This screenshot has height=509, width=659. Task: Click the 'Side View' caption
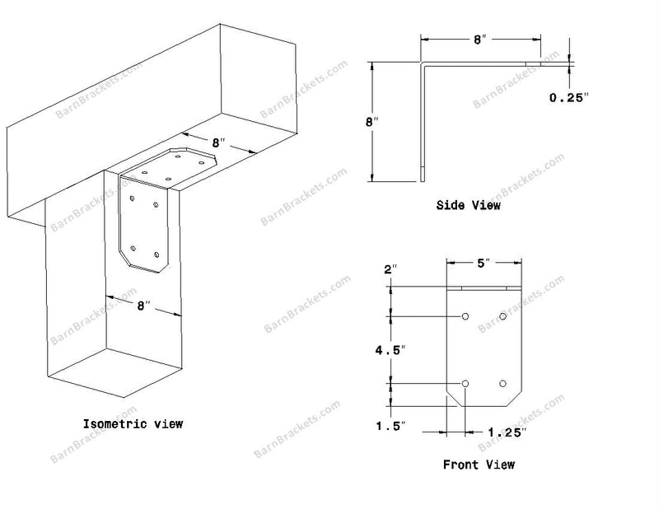[x=468, y=205]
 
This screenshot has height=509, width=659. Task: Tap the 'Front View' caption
[x=479, y=465]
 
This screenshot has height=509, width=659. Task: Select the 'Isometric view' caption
[x=133, y=423]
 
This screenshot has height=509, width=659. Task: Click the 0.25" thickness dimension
[x=568, y=97]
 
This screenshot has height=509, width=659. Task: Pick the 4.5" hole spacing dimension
[x=390, y=350]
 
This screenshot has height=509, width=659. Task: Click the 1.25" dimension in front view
[x=507, y=432]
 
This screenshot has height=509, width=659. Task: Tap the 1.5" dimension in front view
[x=390, y=426]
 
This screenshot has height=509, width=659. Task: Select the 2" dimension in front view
[x=390, y=269]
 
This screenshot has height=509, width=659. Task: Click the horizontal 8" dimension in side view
[x=479, y=40]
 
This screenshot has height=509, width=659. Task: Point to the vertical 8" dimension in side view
[x=372, y=122]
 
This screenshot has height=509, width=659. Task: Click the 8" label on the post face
[x=143, y=306]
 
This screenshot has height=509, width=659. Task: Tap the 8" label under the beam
[x=218, y=143]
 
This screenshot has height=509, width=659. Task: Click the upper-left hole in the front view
[x=465, y=316]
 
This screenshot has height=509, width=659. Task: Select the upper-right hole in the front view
[x=502, y=316]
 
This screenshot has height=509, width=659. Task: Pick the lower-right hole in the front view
[x=502, y=383]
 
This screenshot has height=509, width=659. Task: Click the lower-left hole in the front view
[x=465, y=383]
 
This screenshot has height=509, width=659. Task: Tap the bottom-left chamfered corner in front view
[x=455, y=400]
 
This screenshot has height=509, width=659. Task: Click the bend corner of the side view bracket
[x=422, y=63]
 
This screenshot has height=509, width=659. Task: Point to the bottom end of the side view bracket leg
[x=423, y=181]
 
